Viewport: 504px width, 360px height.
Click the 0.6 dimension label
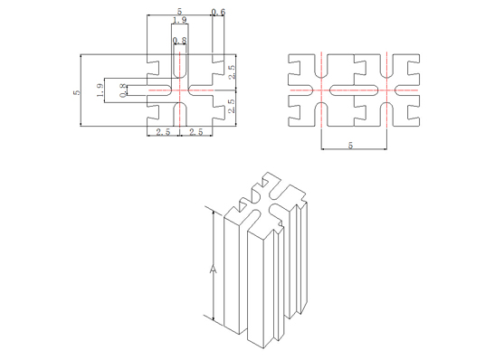point(218,13)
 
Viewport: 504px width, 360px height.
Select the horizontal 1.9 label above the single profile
point(180,20)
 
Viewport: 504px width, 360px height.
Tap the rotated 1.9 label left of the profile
point(100,90)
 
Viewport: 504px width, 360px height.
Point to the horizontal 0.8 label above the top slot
point(180,41)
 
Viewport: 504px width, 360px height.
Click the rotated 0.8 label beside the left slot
point(123,90)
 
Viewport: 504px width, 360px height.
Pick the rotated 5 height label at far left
point(77,92)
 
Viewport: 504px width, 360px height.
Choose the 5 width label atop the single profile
point(180,13)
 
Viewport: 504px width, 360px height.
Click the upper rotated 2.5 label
point(232,72)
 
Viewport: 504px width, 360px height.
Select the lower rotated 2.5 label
point(232,106)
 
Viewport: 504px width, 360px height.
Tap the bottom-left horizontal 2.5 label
point(163,132)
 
